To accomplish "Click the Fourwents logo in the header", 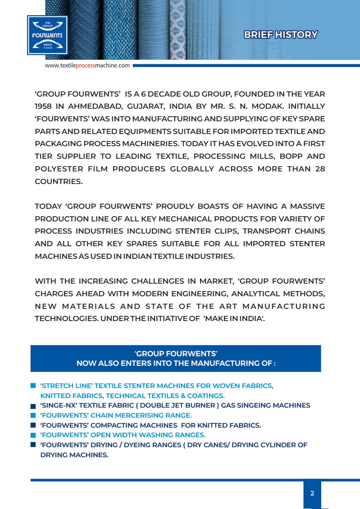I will click(x=47, y=35).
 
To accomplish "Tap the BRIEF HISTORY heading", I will click(x=280, y=35).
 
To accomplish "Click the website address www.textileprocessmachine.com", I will click(x=87, y=66).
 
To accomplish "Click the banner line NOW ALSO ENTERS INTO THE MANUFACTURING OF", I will click(x=176, y=363).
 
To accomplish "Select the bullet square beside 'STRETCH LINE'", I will click(x=33, y=386).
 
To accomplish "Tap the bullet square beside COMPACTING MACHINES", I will click(x=33, y=425).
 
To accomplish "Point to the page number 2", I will click(x=312, y=493).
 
